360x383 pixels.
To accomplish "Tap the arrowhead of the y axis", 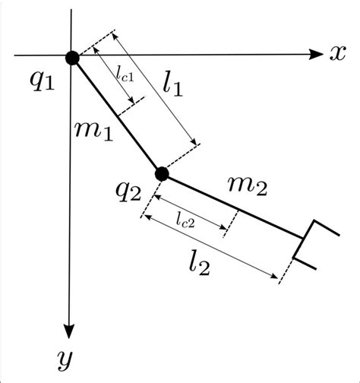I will click(70, 331).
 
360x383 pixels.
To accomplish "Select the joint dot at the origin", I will click(72, 57).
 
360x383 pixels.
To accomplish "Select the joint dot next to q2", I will click(161, 174).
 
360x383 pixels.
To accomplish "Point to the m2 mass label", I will click(248, 184).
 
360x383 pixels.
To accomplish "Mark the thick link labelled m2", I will click(232, 206).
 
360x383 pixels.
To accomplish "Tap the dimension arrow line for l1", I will click(156, 87).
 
